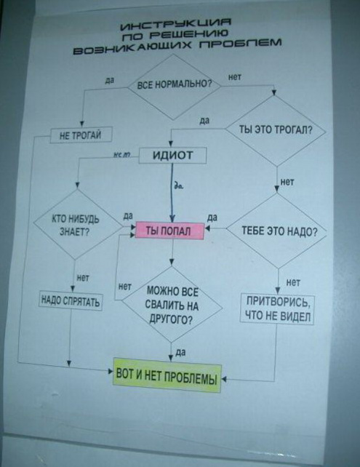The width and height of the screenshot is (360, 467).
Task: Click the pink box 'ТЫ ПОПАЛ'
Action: pyautogui.click(x=169, y=231)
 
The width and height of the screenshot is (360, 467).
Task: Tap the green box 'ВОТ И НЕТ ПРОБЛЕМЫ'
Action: pyautogui.click(x=167, y=375)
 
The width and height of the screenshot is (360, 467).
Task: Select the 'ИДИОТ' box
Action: pyautogui.click(x=172, y=156)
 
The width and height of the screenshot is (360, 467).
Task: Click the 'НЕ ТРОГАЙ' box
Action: pyautogui.click(x=81, y=135)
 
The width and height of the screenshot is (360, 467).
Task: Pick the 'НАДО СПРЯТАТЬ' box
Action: pyautogui.click(x=71, y=301)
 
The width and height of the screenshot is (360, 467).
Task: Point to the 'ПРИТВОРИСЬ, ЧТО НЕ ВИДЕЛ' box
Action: pyautogui.click(x=278, y=309)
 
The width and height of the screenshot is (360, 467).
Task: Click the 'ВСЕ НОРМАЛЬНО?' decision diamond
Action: pyautogui.click(x=175, y=87)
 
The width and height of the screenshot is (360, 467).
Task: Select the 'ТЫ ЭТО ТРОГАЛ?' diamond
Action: pyautogui.click(x=276, y=130)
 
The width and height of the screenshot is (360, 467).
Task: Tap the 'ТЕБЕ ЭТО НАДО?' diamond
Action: pyautogui.click(x=276, y=231)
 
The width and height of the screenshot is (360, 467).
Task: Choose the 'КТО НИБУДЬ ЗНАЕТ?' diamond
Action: pyautogui.click(x=77, y=225)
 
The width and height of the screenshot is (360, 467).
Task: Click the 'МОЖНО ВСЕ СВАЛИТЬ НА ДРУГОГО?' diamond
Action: pyautogui.click(x=172, y=305)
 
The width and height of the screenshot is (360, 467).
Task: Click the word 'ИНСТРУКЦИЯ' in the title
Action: pyautogui.click(x=176, y=24)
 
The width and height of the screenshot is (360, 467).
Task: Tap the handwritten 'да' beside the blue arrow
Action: pyautogui.click(x=179, y=186)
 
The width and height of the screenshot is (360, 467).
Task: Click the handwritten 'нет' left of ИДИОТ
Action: pyautogui.click(x=122, y=154)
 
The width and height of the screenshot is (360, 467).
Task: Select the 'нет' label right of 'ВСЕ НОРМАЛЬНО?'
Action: pyautogui.click(x=235, y=77)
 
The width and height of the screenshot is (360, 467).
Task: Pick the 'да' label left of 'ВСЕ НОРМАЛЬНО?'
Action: pyautogui.click(x=110, y=81)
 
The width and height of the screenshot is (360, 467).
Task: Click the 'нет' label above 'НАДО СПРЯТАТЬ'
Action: pyautogui.click(x=83, y=278)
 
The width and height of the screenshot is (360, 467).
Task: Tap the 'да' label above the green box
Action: pyautogui.click(x=180, y=353)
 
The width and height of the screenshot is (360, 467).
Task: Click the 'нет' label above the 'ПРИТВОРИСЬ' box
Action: pyautogui.click(x=293, y=282)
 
